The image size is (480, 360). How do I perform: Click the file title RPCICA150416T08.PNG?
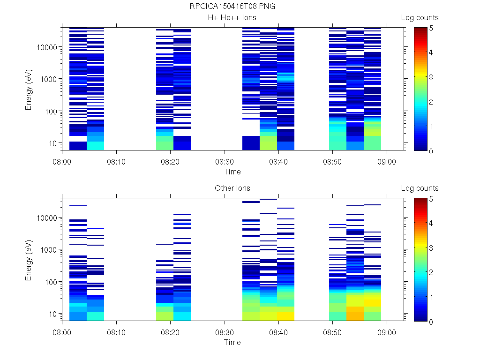[x=232, y=7]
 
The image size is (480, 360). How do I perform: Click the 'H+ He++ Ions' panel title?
[x=232, y=18]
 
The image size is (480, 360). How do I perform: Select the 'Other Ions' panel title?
[x=232, y=188]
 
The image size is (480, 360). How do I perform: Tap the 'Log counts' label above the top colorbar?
[x=420, y=18]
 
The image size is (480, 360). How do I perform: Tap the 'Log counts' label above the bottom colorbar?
[x=420, y=188]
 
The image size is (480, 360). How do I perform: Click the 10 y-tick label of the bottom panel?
[x=53, y=314]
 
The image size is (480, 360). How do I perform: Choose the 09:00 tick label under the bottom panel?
[x=387, y=332]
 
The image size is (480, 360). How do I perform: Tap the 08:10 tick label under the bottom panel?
[x=116, y=332]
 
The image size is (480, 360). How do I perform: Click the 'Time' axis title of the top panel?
[x=232, y=172]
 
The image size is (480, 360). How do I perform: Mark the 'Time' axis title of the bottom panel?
[x=232, y=342]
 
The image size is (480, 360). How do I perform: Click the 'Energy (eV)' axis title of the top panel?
[x=29, y=89]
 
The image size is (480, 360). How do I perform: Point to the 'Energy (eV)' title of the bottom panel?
[x=29, y=259]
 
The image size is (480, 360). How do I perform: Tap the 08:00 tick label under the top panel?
[x=62, y=161]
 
